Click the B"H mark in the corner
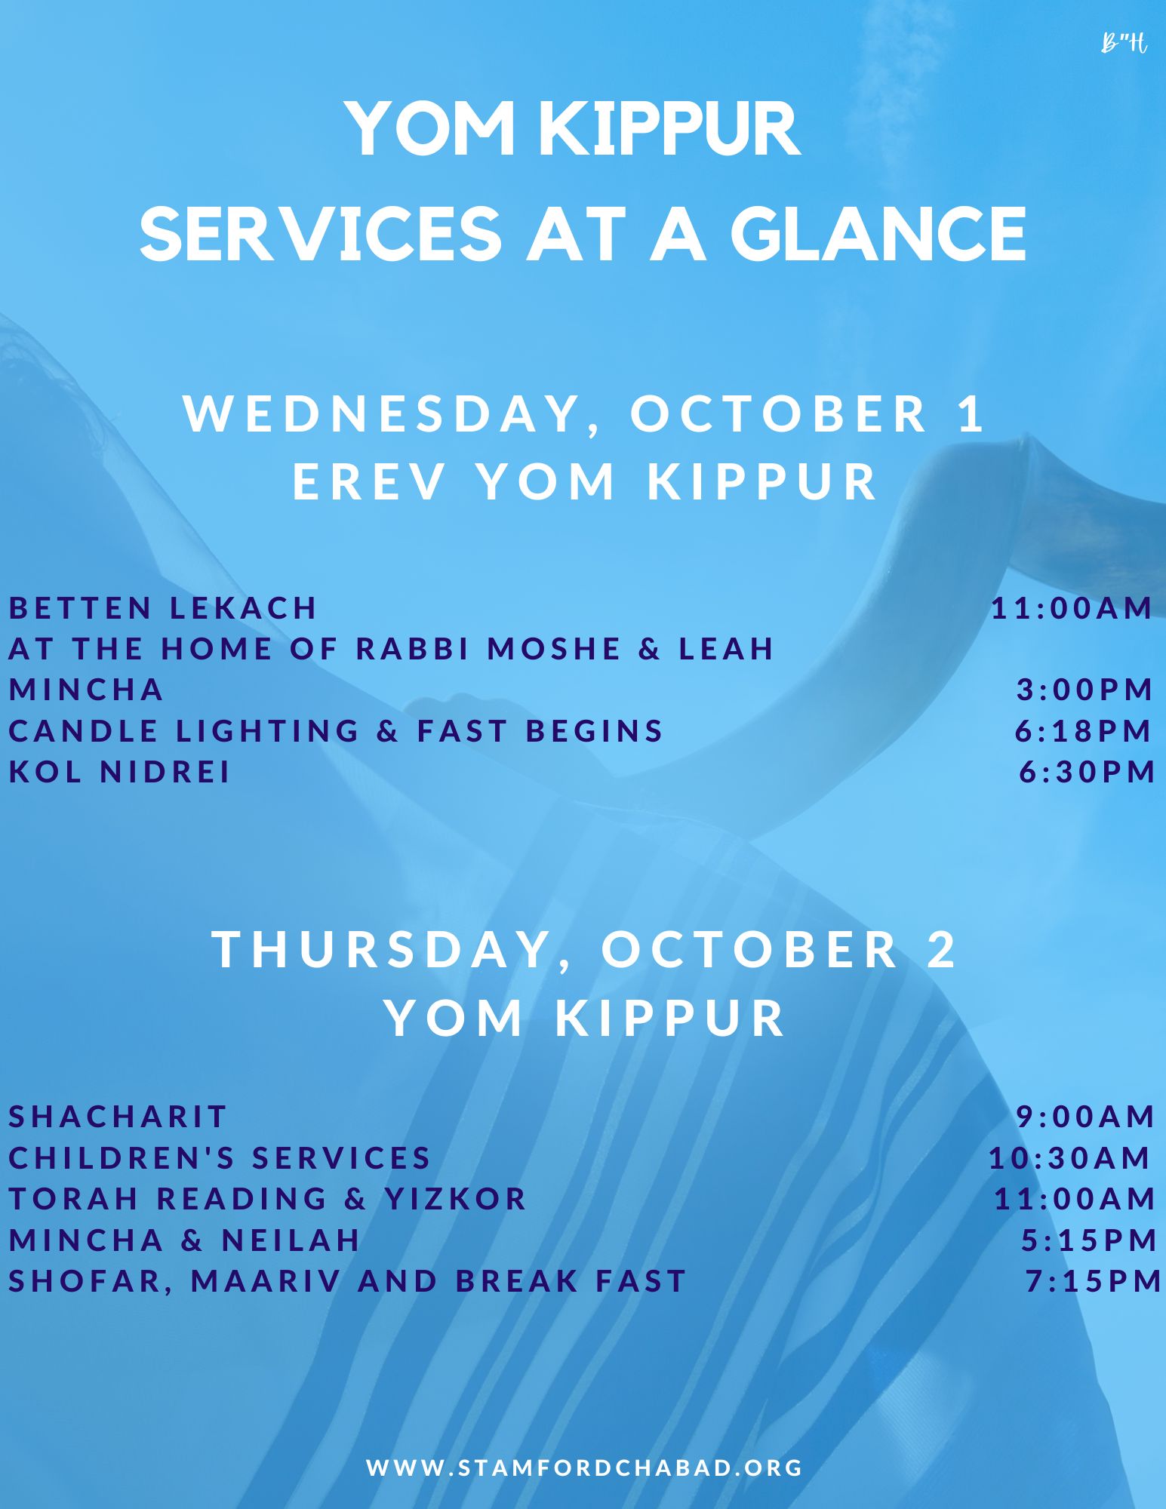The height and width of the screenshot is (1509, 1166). coord(1124,44)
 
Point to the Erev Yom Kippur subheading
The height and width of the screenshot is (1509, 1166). coord(586,481)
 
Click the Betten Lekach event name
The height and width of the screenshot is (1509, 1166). coord(163,607)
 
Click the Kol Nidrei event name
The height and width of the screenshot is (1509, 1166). coord(119,771)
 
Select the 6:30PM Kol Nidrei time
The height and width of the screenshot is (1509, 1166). coord(1088,771)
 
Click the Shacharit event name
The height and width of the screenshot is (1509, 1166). coord(118,1116)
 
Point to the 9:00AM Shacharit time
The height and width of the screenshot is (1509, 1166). coord(1086,1116)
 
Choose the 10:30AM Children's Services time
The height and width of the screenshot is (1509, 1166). coord(1069,1157)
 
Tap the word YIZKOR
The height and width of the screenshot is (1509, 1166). coord(456,1198)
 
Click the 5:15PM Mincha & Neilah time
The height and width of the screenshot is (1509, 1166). coord(1090,1240)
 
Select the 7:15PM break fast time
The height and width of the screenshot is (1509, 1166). coord(1094,1280)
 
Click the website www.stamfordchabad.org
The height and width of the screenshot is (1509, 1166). coord(585,1467)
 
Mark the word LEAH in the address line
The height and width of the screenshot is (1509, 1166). coord(727,648)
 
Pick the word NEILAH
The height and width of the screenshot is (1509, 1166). coord(291,1240)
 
